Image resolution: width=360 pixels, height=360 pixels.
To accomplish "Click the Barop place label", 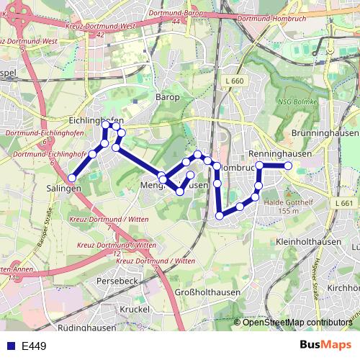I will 167,96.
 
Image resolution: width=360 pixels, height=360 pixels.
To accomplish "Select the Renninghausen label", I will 269,154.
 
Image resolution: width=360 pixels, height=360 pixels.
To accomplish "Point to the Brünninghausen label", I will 325,134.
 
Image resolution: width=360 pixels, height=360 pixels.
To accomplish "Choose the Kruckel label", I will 135,308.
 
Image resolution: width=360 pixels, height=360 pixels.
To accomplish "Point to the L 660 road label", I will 233,81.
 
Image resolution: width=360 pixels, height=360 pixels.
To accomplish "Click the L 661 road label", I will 345,204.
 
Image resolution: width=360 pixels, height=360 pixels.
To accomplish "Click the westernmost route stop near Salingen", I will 73,177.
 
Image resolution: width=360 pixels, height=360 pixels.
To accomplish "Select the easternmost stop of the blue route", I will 288,166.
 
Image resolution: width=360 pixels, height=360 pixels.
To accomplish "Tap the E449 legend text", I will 34,346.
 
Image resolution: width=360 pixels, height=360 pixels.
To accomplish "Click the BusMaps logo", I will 325,345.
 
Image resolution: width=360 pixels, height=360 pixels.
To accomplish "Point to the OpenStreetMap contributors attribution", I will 297,323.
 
